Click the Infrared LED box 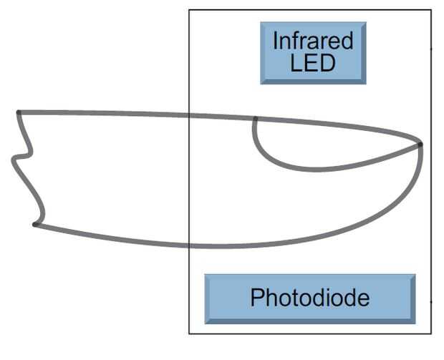[x=313, y=52]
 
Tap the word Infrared [x=313, y=40]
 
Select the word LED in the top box [x=313, y=62]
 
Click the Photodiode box [x=309, y=298]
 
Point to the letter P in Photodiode [x=256, y=298]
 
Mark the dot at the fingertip [x=420, y=145]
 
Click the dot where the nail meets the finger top [x=255, y=118]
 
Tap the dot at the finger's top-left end [x=19, y=112]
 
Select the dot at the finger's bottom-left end [x=34, y=225]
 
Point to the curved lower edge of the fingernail [x=315, y=170]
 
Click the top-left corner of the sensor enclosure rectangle [x=189, y=10]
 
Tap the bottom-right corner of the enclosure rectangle [x=431, y=333]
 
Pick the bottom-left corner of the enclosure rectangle [x=189, y=333]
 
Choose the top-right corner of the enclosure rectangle [x=431, y=10]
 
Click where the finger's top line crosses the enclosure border [x=189, y=115]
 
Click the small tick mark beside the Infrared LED [x=431, y=49]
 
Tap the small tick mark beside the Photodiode [x=431, y=302]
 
